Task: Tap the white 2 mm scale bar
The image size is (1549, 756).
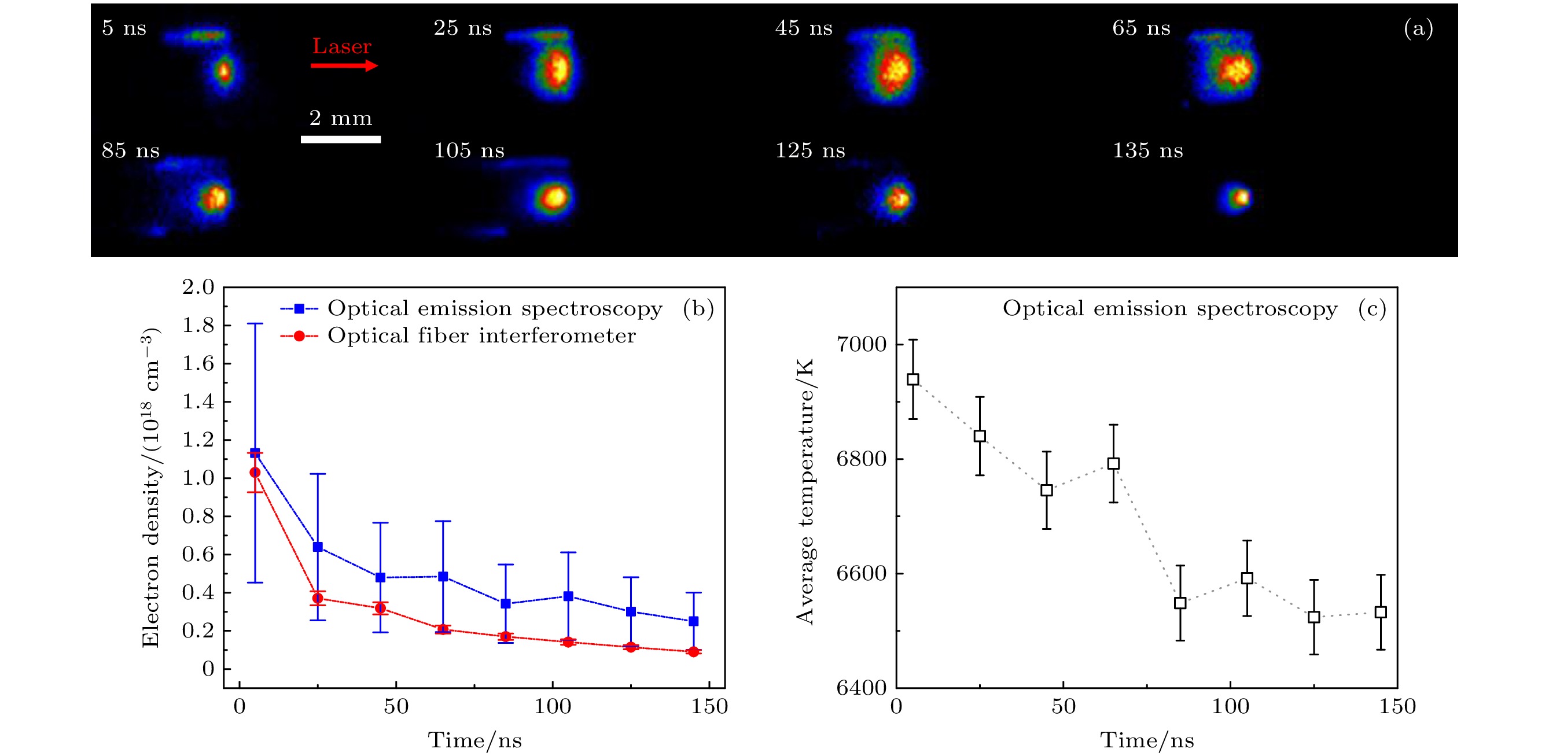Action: point(340,139)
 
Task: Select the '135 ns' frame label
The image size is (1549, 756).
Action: point(1147,150)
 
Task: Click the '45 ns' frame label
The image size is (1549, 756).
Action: point(803,28)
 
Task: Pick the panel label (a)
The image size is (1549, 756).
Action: point(1418,28)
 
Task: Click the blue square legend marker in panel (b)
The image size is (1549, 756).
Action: point(299,309)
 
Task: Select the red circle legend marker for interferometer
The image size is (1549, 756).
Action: point(299,336)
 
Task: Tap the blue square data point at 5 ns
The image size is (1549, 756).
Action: point(255,453)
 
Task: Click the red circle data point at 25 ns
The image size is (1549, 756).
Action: point(318,599)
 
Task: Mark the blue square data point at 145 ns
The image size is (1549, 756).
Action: point(693,621)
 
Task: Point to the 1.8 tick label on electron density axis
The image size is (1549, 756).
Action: point(198,326)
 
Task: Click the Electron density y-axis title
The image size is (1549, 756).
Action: point(150,488)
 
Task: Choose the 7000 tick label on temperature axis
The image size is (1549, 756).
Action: point(861,344)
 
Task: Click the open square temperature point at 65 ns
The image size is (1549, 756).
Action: point(1114,463)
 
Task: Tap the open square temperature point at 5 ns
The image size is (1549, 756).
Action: point(913,379)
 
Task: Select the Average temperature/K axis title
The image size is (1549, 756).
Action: point(804,492)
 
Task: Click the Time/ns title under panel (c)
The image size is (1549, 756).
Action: point(1147,740)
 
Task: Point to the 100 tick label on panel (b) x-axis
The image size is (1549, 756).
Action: point(553,707)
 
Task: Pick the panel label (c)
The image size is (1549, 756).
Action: point(1371,309)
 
